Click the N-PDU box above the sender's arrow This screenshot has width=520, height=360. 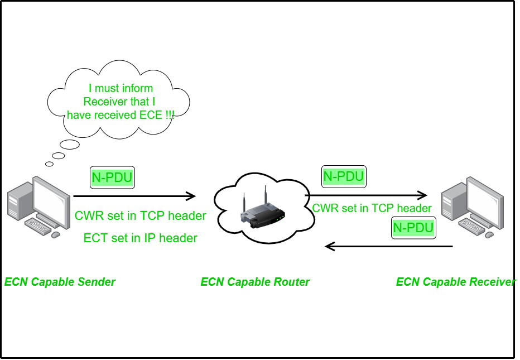click(x=113, y=178)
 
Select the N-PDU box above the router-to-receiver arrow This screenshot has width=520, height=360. click(x=344, y=177)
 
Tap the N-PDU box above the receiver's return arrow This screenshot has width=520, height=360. click(x=413, y=228)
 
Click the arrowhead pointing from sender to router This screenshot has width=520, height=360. click(x=191, y=196)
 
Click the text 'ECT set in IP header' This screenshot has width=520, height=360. click(x=140, y=238)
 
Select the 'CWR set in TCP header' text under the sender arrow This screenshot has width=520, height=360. click(x=140, y=215)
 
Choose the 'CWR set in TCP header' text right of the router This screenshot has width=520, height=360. click(x=372, y=208)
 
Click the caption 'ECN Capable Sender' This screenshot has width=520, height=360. click(x=60, y=282)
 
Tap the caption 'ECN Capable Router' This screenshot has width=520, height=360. click(x=255, y=282)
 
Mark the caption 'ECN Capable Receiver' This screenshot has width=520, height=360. click(x=456, y=282)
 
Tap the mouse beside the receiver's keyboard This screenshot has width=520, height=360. click(x=489, y=235)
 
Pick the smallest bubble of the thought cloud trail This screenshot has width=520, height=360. click(x=49, y=164)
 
